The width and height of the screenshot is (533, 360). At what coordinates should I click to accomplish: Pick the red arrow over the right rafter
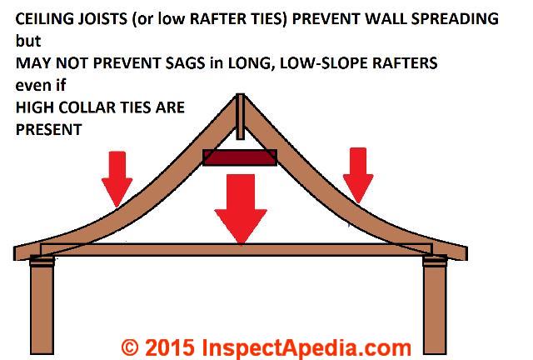[358, 176]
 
